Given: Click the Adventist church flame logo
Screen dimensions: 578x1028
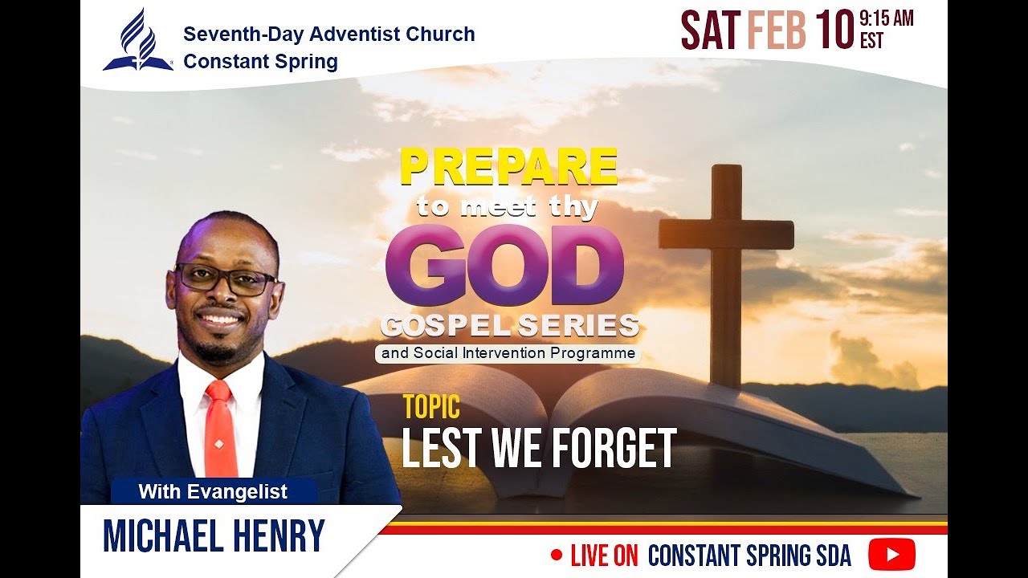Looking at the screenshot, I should [x=138, y=40].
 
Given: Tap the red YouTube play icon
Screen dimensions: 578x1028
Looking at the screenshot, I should [x=891, y=555].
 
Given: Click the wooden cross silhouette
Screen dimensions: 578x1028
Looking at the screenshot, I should [x=726, y=257].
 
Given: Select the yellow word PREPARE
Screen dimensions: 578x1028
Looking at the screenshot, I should [x=508, y=168].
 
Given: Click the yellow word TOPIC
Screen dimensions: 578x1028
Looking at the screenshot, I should [x=431, y=407].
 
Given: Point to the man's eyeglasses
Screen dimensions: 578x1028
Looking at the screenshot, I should [x=226, y=279].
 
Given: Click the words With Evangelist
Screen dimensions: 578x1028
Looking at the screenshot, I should [x=213, y=491].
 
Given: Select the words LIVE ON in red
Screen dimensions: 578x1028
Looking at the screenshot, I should [x=604, y=556].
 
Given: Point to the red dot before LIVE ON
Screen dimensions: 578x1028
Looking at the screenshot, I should [x=557, y=555].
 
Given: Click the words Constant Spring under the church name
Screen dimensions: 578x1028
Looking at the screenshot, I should [x=260, y=62].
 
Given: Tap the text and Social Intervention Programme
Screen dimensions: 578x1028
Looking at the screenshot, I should [x=508, y=353].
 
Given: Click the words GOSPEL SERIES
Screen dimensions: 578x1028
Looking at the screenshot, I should [x=510, y=326].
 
